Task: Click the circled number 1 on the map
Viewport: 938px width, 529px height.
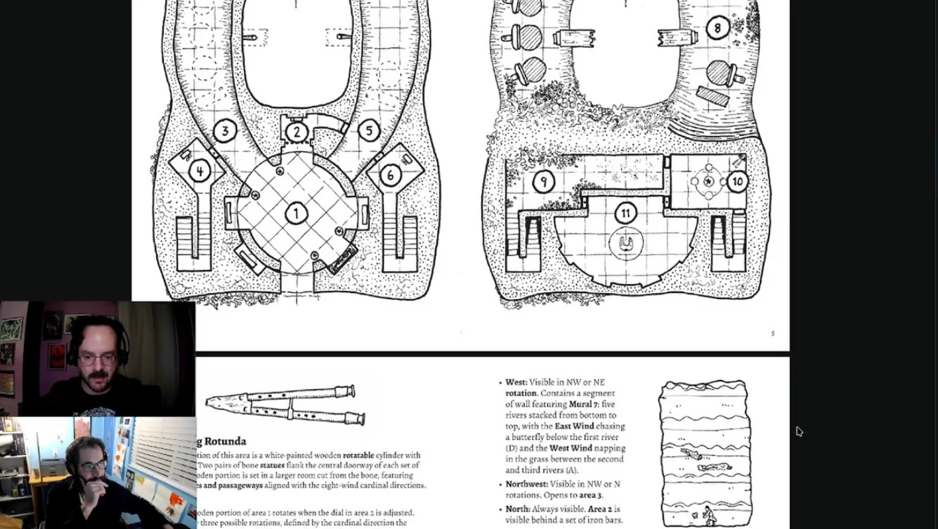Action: coord(296,214)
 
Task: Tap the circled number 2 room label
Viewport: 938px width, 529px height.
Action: coord(296,132)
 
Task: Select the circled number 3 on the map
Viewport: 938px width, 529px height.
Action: coord(224,131)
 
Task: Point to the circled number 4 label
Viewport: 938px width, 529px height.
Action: coord(199,171)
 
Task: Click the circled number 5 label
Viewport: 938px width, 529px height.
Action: coord(368,131)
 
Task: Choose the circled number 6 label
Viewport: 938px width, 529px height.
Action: coord(390,175)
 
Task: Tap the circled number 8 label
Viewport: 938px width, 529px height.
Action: coord(717,28)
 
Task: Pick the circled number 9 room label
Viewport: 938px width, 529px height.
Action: coord(543,182)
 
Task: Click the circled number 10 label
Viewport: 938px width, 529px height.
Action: coord(737,182)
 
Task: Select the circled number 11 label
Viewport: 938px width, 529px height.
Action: coord(625,214)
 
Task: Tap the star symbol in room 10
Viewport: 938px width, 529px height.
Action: coord(709,182)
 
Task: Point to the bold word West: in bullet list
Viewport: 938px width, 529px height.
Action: coord(516,383)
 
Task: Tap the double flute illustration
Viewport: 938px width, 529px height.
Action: coord(285,405)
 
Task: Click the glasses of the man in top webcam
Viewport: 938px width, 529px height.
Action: coord(98,358)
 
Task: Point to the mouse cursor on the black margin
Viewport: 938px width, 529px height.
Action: coord(799,431)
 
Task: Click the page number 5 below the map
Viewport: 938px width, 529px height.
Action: coord(773,333)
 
